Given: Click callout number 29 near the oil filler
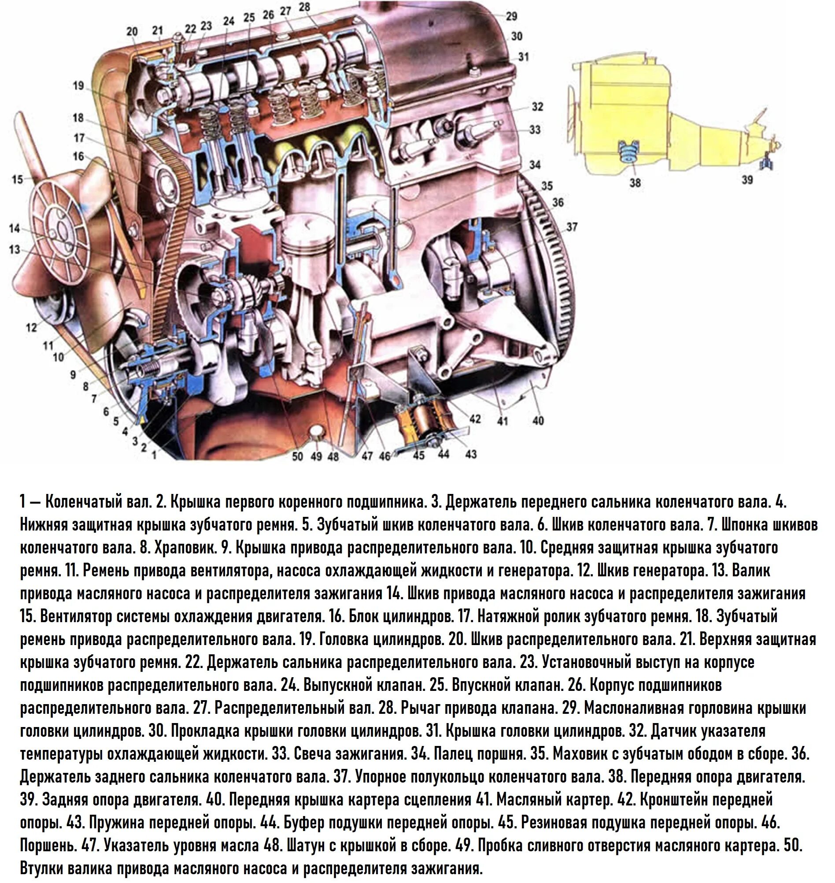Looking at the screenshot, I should pyautogui.click(x=511, y=16).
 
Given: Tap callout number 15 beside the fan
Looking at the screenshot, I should pyautogui.click(x=17, y=179).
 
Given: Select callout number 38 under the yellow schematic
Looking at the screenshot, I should pyautogui.click(x=635, y=182).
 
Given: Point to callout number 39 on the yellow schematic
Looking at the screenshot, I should pyautogui.click(x=747, y=179).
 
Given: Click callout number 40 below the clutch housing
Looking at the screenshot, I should pyautogui.click(x=538, y=420).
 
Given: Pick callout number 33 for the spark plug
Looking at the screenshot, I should pyautogui.click(x=535, y=130).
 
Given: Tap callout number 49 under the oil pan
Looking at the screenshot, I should pyautogui.click(x=316, y=456).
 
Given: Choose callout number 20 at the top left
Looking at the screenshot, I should pyautogui.click(x=132, y=32).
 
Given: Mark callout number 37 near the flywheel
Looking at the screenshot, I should pyautogui.click(x=572, y=227).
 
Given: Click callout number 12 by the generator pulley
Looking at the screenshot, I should pyautogui.click(x=31, y=328).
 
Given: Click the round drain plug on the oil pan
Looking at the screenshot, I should pyautogui.click(x=317, y=431).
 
